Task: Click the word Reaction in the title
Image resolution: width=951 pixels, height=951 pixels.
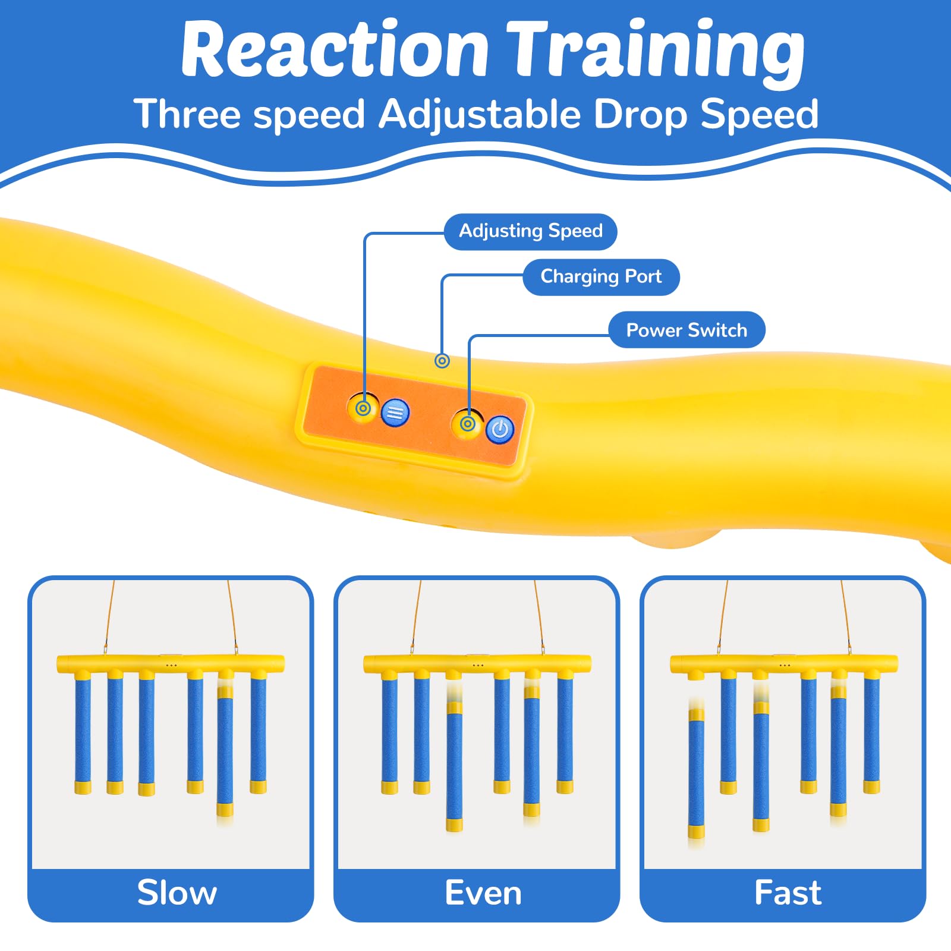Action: pyautogui.click(x=335, y=50)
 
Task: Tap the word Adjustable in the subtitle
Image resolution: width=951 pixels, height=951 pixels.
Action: pyautogui.click(x=480, y=115)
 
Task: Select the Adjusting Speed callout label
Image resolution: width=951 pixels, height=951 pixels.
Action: pyautogui.click(x=531, y=231)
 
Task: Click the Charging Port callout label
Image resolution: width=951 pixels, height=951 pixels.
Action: pyautogui.click(x=601, y=277)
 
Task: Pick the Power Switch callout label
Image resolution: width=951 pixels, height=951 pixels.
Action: pyautogui.click(x=687, y=330)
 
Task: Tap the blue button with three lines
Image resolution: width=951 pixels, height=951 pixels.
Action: pyautogui.click(x=395, y=412)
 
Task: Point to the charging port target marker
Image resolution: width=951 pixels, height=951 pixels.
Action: pyautogui.click(x=442, y=360)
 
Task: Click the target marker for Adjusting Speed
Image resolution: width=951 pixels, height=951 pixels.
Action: pyautogui.click(x=363, y=408)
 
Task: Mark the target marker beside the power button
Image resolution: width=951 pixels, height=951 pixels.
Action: pyautogui.click(x=468, y=424)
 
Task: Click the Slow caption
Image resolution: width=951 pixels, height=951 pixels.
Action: pyautogui.click(x=177, y=893)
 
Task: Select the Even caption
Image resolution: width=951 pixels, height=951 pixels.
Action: pyautogui.click(x=483, y=893)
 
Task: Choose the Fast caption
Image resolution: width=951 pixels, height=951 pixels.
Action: pyautogui.click(x=788, y=893)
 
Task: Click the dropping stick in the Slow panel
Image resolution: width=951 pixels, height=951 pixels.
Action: pyautogui.click(x=225, y=755)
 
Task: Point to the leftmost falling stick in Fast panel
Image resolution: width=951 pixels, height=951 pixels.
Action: pyautogui.click(x=697, y=773)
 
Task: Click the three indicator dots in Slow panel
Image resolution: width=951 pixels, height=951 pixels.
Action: pyautogui.click(x=171, y=665)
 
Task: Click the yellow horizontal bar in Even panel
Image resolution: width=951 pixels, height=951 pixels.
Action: pyautogui.click(x=477, y=664)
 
